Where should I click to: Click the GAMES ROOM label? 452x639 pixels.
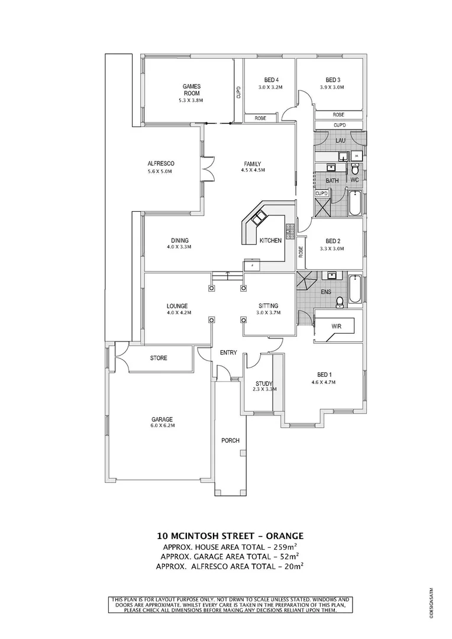point(191,89)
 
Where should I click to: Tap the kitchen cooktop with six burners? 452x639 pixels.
point(290,231)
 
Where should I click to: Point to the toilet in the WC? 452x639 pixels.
point(356,169)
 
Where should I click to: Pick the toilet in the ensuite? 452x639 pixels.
point(340,302)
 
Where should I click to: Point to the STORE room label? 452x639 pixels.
point(159,358)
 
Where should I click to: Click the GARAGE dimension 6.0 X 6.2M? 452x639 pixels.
point(162,425)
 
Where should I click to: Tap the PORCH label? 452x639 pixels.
point(230,441)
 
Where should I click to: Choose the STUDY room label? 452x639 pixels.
point(264,383)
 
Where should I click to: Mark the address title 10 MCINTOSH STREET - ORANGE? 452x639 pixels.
point(230,536)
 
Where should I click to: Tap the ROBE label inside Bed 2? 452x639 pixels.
point(301,250)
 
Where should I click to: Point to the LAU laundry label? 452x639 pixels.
point(340,140)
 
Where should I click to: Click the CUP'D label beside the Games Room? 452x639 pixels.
point(238,92)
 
